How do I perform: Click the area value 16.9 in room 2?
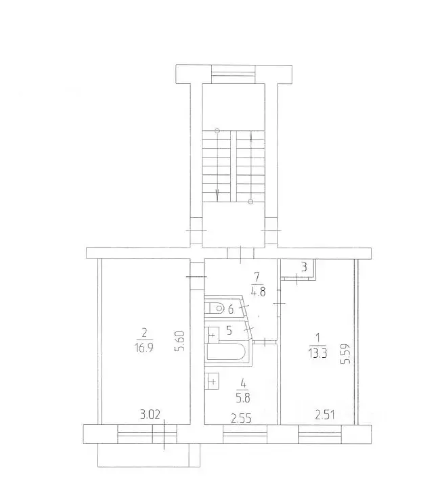[144, 348]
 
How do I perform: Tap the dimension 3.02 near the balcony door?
[150, 414]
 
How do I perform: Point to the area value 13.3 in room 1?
[317, 352]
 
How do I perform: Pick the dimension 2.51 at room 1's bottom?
[325, 414]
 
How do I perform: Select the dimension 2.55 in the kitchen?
[241, 419]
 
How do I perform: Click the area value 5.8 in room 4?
[243, 398]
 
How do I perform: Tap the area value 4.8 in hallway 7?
[259, 292]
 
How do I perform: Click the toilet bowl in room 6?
[215, 308]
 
